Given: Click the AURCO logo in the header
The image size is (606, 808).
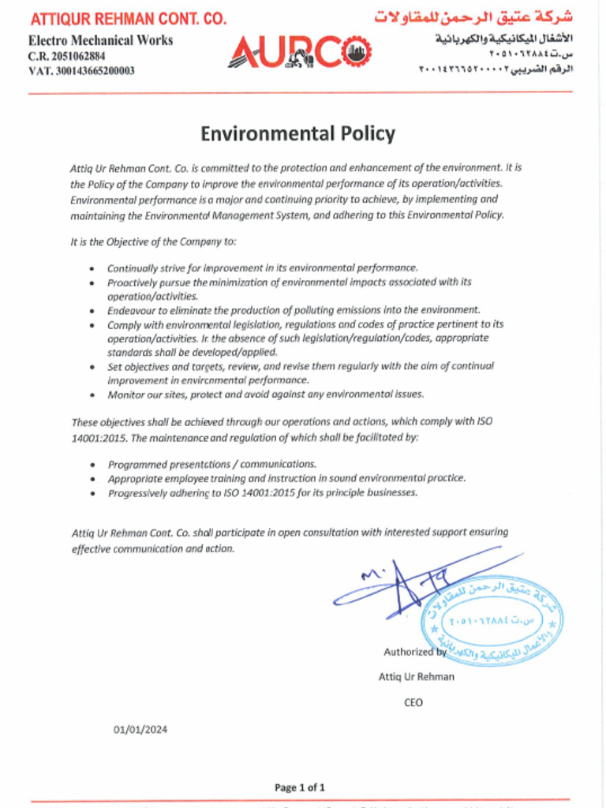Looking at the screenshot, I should tap(298, 52).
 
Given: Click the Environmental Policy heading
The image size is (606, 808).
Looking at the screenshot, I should tap(297, 133).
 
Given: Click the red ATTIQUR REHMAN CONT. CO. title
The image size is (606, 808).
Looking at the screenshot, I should tap(128, 19).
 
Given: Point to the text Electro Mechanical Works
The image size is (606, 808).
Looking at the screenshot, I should tap(100, 40).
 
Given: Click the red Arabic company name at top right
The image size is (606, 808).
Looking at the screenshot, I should tap(473, 17).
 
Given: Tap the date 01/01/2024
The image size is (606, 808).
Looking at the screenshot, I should tap(140, 729).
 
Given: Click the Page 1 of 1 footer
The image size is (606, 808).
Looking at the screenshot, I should tap(299, 787).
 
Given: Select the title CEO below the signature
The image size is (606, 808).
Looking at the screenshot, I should tap(413, 702).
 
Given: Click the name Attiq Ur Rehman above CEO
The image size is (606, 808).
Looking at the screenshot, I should tap(416, 676).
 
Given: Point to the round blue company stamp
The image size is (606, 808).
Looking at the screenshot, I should tap(492, 620).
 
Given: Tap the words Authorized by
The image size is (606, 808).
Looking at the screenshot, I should tap(415, 652).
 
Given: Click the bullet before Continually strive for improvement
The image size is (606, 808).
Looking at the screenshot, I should tap(93, 268).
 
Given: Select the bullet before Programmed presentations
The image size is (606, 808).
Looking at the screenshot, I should tap(93, 465).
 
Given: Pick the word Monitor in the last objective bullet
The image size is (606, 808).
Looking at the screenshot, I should tap(126, 394).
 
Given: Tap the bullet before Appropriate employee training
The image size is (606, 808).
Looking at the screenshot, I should tap(93, 479).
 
